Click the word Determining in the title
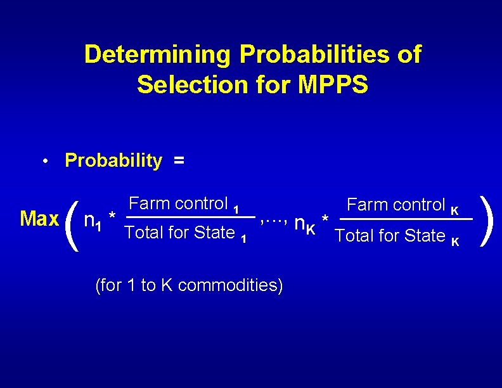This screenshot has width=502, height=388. tap(158, 55)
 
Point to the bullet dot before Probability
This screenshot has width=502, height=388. tap(46, 162)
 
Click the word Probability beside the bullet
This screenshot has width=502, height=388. tap(113, 161)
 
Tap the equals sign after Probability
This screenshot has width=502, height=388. tap(179, 162)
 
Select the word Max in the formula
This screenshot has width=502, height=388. tap(39, 219)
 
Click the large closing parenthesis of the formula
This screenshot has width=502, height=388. tap(486, 219)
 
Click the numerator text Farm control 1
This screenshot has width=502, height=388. tap(184, 204)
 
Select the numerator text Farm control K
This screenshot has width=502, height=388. tap(402, 205)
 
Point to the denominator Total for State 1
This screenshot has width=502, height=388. tap(186, 233)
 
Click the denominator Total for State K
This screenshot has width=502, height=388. tap(397, 236)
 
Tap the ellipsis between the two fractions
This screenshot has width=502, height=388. tap(274, 220)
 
